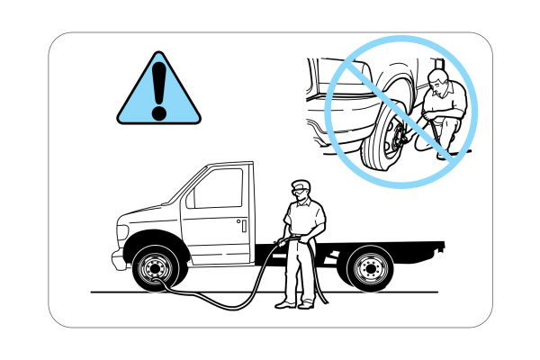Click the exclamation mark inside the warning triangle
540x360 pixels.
pyautogui.click(x=159, y=88)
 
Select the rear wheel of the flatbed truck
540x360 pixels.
pyautogui.click(x=368, y=268)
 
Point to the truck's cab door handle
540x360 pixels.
pyautogui.click(x=241, y=222)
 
